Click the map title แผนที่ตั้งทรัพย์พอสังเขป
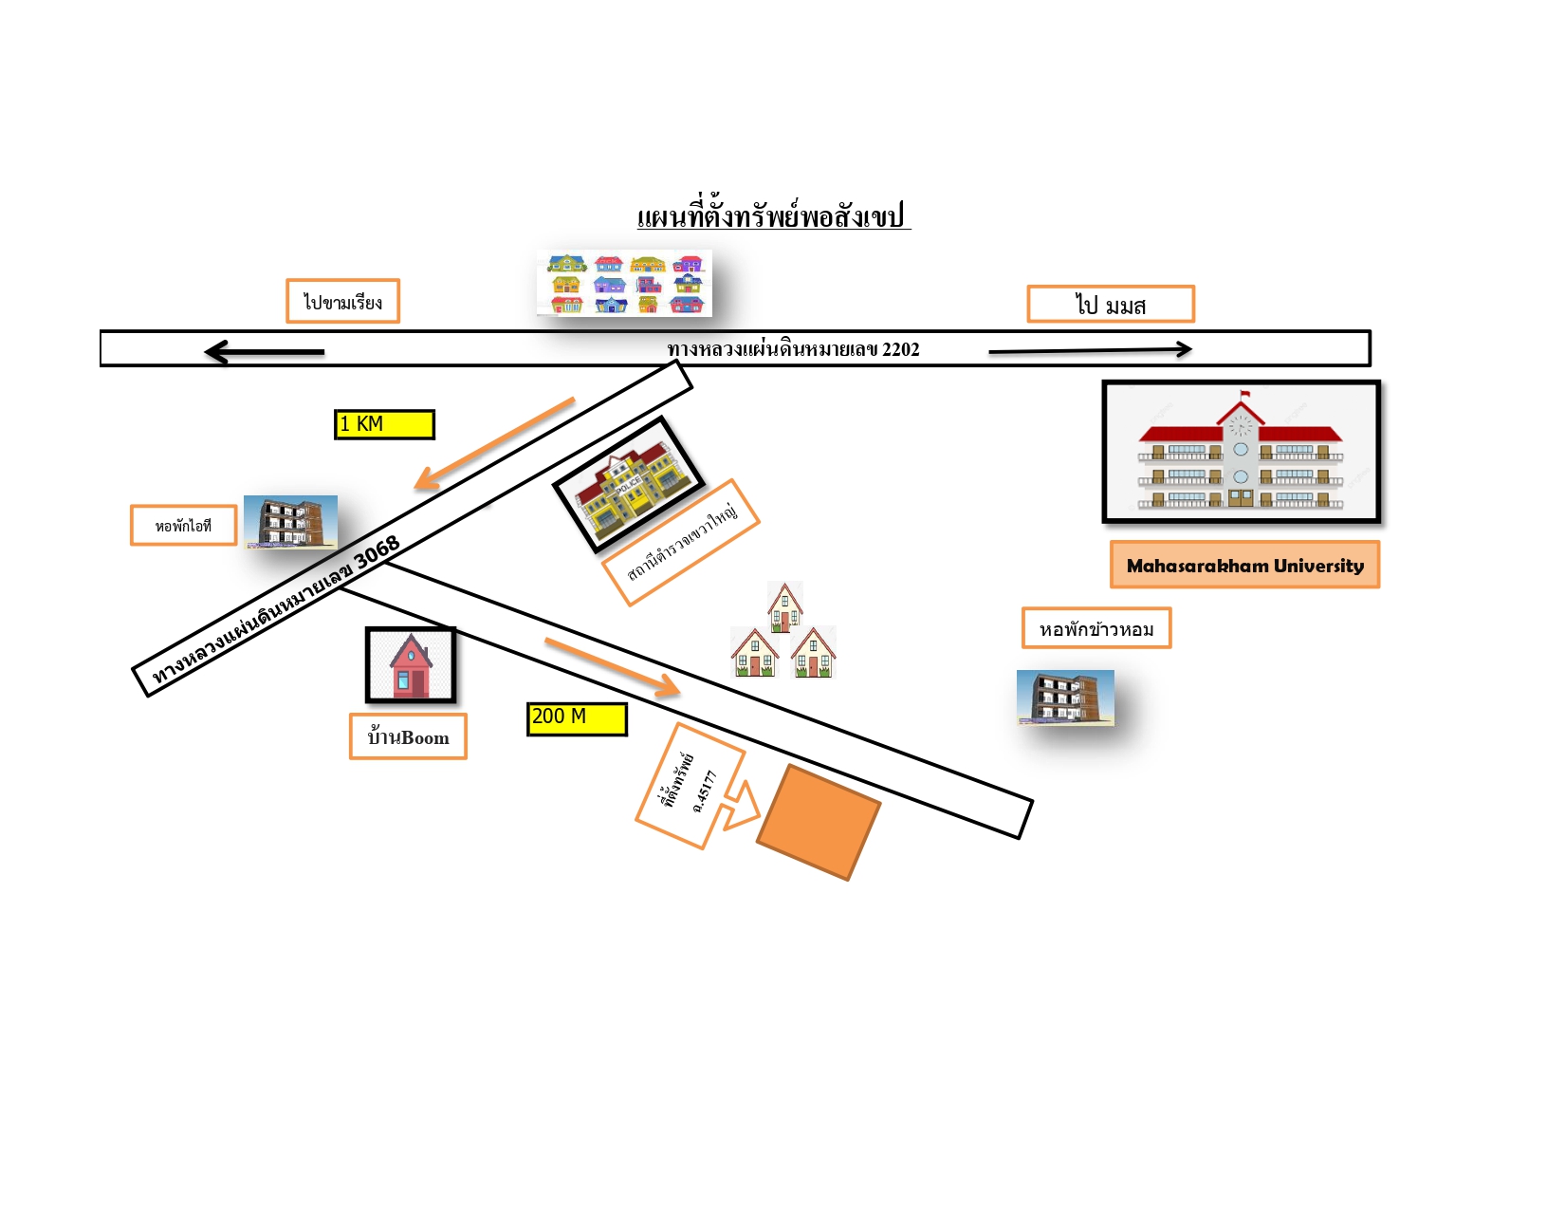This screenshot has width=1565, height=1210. [x=774, y=216]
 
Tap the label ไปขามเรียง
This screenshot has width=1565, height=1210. [x=342, y=301]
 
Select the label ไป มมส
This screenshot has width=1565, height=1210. [x=1111, y=304]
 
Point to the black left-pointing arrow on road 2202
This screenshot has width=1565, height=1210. [x=265, y=352]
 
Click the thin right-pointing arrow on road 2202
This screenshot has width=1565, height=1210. [x=1091, y=350]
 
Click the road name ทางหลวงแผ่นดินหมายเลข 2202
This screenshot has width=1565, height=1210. [x=793, y=349]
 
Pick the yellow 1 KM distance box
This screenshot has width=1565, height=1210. [x=384, y=424]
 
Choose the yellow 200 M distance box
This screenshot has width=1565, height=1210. [x=577, y=718]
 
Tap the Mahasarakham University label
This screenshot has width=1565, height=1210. [x=1244, y=565]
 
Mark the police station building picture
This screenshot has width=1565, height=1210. [x=629, y=485]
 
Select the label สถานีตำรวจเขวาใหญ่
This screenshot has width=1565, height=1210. [x=682, y=543]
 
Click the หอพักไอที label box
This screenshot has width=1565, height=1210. [x=184, y=526]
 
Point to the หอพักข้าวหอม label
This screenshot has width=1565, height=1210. [x=1096, y=628]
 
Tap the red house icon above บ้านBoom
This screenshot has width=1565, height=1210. [x=411, y=664]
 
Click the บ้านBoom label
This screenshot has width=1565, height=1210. [x=409, y=736]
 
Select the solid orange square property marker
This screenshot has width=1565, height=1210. [x=819, y=822]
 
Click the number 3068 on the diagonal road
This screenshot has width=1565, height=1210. [x=377, y=552]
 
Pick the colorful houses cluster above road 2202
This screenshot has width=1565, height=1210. [x=624, y=283]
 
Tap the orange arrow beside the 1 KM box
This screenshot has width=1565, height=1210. [x=494, y=443]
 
